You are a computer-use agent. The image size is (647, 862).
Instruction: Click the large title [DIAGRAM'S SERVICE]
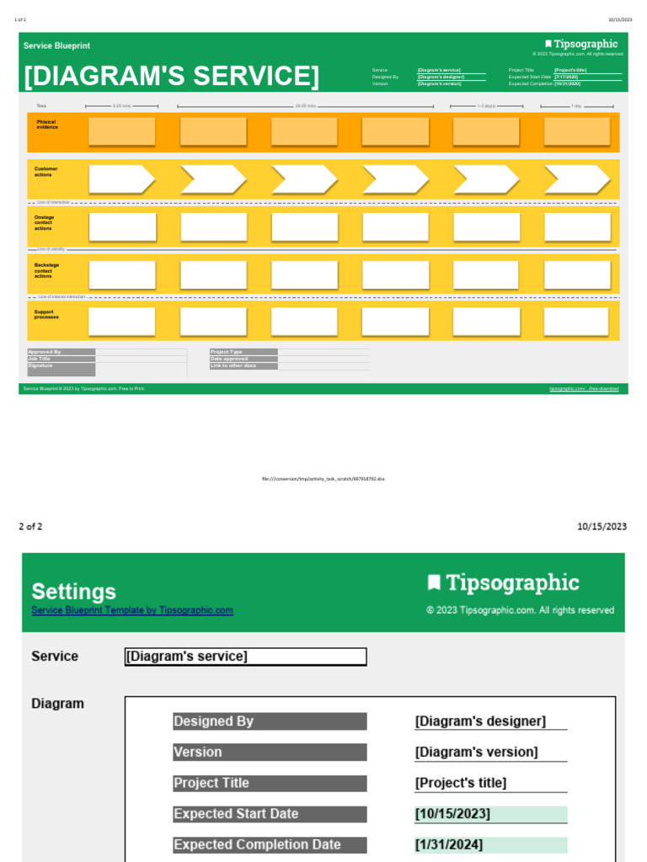coord(172,77)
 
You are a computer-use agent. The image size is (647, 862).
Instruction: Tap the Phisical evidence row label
coord(47,125)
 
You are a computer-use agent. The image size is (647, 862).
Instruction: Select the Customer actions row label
coord(46,172)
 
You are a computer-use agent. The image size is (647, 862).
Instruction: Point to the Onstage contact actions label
coord(45,223)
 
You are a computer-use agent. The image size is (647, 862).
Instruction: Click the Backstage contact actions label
coord(47,270)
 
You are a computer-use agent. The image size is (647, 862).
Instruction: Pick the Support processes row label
coord(46,315)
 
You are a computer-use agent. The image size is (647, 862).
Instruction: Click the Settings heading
coord(74,591)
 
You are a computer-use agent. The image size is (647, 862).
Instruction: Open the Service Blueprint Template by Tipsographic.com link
coord(132,610)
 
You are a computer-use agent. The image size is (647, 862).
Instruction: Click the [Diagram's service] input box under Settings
coord(245,657)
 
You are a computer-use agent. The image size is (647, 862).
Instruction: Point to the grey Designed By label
coord(270,721)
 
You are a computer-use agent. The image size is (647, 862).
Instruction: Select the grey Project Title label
coord(270,783)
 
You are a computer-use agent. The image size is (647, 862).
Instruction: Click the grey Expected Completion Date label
coord(270,844)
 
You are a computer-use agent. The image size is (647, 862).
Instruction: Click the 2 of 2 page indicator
coord(30,527)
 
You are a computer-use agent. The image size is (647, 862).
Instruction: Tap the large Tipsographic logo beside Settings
coord(504,583)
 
